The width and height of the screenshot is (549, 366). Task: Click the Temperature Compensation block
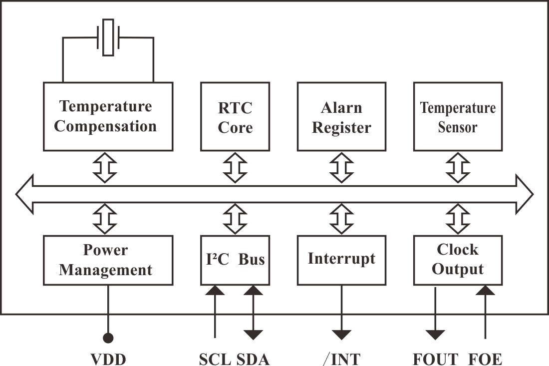(x=107, y=116)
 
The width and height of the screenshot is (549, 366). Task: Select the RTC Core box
(x=235, y=116)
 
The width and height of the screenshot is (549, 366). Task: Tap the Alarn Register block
(x=341, y=116)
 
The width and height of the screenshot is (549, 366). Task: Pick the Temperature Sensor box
(x=458, y=116)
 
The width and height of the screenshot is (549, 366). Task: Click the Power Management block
(x=107, y=260)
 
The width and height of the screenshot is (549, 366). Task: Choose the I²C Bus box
(x=235, y=260)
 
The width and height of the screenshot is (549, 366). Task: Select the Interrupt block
(x=341, y=260)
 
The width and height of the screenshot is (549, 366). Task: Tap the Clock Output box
(x=458, y=260)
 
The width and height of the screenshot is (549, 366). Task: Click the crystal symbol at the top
(x=108, y=37)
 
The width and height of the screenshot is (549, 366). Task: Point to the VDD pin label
(x=108, y=359)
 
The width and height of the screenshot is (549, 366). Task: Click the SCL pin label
(x=215, y=359)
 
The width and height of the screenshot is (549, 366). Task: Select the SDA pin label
(x=253, y=359)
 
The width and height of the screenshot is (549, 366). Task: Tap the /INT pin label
(x=342, y=359)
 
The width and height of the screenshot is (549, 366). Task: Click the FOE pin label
(x=485, y=359)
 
